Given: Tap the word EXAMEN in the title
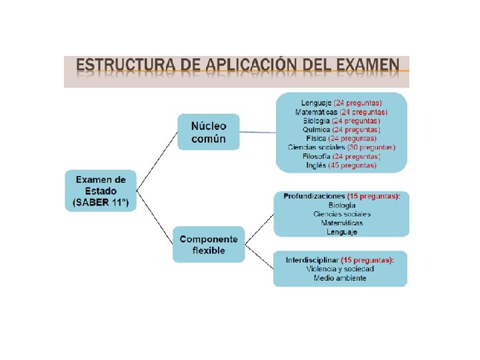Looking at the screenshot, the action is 366,67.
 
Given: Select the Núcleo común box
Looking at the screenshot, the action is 208,132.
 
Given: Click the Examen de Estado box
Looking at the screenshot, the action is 100,191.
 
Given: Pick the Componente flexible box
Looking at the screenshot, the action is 208,244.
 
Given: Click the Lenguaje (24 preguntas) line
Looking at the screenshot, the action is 341,103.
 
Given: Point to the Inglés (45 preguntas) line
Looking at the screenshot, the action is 341,165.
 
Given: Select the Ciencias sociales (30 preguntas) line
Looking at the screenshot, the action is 341,147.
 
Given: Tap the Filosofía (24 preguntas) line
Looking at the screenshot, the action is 341,156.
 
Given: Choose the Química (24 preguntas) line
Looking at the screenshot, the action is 341,129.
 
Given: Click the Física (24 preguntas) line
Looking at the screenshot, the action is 341,138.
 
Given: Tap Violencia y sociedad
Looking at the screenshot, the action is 340,269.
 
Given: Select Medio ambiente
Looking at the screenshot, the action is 340,278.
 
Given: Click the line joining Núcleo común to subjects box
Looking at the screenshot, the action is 257,132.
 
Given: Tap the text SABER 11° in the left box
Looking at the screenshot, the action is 100,202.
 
